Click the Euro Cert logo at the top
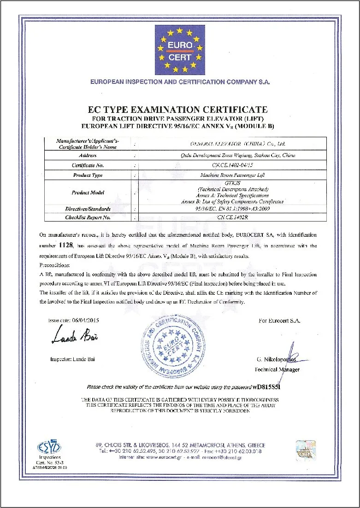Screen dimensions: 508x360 [180, 50]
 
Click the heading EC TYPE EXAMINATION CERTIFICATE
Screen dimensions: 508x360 [177, 110]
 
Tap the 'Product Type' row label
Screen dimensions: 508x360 [88, 175]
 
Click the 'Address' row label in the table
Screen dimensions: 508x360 [88, 156]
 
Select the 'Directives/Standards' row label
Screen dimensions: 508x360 [88, 209]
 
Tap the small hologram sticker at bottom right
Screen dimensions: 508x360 [305, 450]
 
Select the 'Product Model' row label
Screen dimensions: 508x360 [88, 193]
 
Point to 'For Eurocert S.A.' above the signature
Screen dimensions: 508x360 [279, 321]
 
